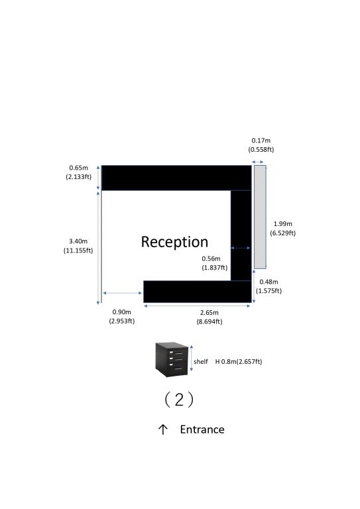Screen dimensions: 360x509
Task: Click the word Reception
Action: click(x=174, y=242)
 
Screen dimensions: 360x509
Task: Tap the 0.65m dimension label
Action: click(x=78, y=168)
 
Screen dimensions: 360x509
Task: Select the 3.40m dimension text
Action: click(x=78, y=241)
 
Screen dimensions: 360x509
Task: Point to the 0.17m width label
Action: click(x=261, y=141)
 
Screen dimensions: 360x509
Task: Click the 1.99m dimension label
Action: click(x=282, y=223)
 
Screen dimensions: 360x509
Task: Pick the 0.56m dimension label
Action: click(x=211, y=258)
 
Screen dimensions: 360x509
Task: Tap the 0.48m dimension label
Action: click(x=269, y=282)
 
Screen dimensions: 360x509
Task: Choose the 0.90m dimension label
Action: click(x=122, y=312)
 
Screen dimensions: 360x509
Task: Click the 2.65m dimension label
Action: click(x=210, y=313)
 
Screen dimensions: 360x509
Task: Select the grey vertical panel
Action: click(x=260, y=217)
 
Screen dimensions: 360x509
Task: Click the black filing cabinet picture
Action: click(x=172, y=359)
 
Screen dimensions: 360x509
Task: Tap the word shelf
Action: click(x=201, y=361)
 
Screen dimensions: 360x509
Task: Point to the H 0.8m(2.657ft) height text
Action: click(x=239, y=362)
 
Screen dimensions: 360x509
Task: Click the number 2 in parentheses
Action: click(x=179, y=400)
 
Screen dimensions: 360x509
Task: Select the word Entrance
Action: click(x=202, y=429)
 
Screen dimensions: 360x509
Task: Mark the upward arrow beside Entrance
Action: click(x=163, y=429)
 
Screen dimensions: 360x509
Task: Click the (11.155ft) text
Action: click(x=78, y=251)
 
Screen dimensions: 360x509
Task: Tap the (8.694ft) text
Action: click(x=210, y=321)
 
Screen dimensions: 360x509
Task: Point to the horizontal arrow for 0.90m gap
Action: click(x=123, y=293)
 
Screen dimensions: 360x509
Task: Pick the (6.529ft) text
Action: click(x=282, y=233)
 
